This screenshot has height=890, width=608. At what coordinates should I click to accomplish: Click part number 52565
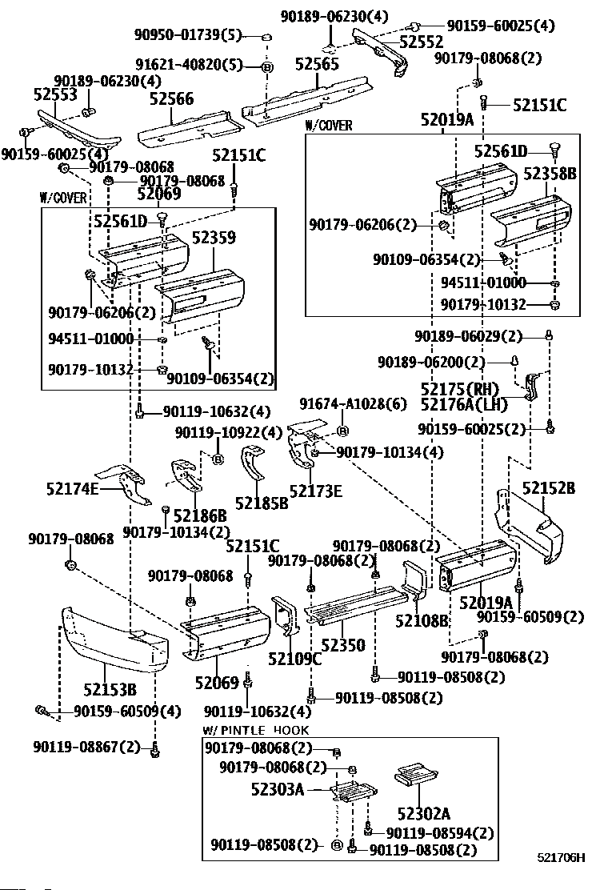point(317,63)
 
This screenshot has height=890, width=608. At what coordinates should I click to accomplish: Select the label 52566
point(171,98)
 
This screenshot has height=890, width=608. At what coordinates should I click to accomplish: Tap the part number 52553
point(55,94)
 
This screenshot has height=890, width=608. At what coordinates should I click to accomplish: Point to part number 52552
point(422,42)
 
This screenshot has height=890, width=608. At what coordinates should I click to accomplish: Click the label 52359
point(214,237)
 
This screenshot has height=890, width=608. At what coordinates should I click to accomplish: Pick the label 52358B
point(550,174)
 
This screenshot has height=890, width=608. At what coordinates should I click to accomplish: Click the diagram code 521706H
point(561,857)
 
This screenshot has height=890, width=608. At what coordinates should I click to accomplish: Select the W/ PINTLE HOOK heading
point(256,730)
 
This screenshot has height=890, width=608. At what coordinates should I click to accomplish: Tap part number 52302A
point(424,814)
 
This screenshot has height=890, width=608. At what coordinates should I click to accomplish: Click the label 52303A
point(278,789)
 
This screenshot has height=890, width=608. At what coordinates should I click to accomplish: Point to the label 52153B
point(110,690)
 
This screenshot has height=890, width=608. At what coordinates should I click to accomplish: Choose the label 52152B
point(549,488)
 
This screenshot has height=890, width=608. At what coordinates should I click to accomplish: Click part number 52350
point(343,645)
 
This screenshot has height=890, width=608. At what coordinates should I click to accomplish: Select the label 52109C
point(294,659)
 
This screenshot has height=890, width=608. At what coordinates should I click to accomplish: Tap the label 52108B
point(422,621)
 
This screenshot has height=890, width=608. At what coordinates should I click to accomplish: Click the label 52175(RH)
point(460,389)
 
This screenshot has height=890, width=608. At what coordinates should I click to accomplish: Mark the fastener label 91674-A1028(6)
point(353,403)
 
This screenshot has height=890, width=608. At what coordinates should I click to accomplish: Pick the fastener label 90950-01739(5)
point(188,34)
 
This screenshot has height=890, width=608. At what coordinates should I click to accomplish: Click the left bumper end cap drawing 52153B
point(115,635)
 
